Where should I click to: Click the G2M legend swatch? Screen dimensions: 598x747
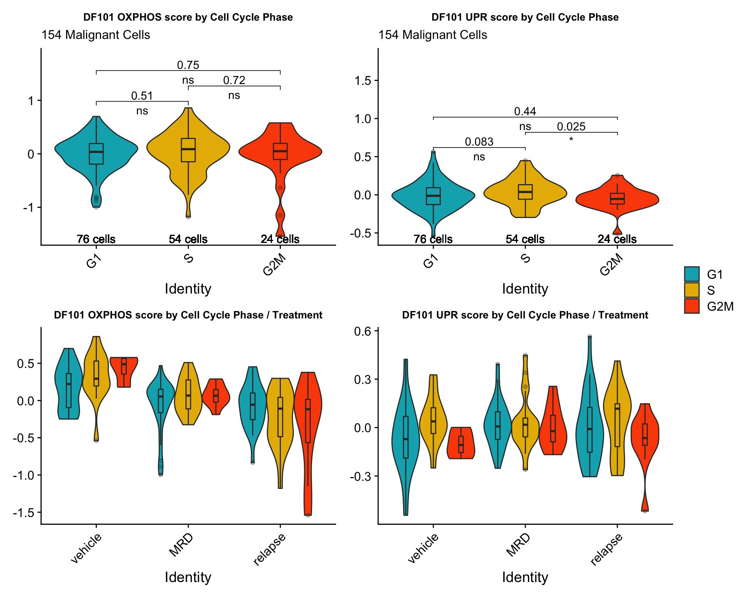click(691, 306)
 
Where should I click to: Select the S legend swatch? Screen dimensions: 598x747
click(691, 290)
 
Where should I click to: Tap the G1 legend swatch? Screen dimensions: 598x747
click(691, 274)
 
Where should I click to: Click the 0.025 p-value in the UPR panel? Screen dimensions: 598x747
click(571, 127)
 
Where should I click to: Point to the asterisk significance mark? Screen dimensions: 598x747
click(571, 140)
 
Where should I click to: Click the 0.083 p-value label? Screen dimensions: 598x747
click(479, 142)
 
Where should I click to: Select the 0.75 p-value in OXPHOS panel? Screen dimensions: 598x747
click(188, 65)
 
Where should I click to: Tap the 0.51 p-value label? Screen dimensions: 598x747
click(142, 96)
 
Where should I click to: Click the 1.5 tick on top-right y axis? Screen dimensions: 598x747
click(362, 81)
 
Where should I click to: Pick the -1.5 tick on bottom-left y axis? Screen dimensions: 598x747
click(23, 512)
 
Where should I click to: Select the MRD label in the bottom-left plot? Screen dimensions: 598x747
click(181, 545)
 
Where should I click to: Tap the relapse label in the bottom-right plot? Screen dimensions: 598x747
click(606, 549)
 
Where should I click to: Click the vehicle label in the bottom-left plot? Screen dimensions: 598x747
click(86, 548)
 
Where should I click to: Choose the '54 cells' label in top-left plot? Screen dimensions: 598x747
click(188, 239)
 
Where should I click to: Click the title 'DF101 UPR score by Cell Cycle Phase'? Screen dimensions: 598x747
click(525, 17)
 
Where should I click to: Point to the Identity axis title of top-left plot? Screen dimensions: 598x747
click(188, 289)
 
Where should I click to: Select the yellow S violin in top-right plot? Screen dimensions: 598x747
click(525, 192)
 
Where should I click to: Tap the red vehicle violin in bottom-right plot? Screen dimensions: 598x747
click(461, 444)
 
